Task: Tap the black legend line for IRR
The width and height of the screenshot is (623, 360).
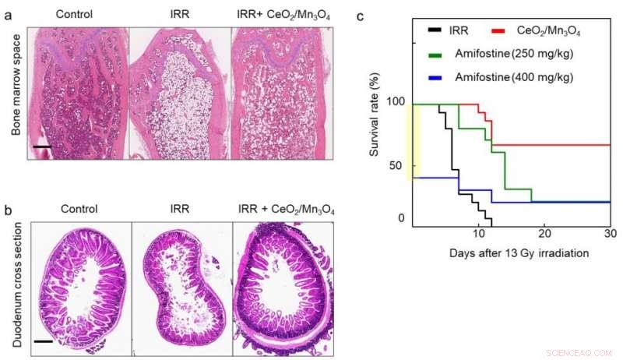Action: pos(436,31)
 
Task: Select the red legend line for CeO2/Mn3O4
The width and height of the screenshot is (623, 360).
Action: pos(502,31)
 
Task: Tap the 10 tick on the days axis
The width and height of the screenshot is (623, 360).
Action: pos(480,234)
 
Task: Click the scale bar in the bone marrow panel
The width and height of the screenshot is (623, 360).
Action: pos(41,146)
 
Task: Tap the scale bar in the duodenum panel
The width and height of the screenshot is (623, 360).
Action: pos(43,341)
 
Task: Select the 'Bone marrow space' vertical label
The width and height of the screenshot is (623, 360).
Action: pos(16,90)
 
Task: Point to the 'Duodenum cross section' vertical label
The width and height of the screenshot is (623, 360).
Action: pos(16,284)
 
